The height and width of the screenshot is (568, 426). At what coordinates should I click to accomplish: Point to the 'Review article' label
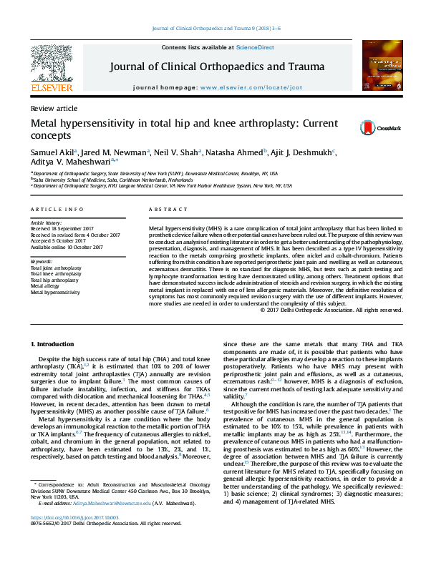pyautogui.click(x=54, y=108)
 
